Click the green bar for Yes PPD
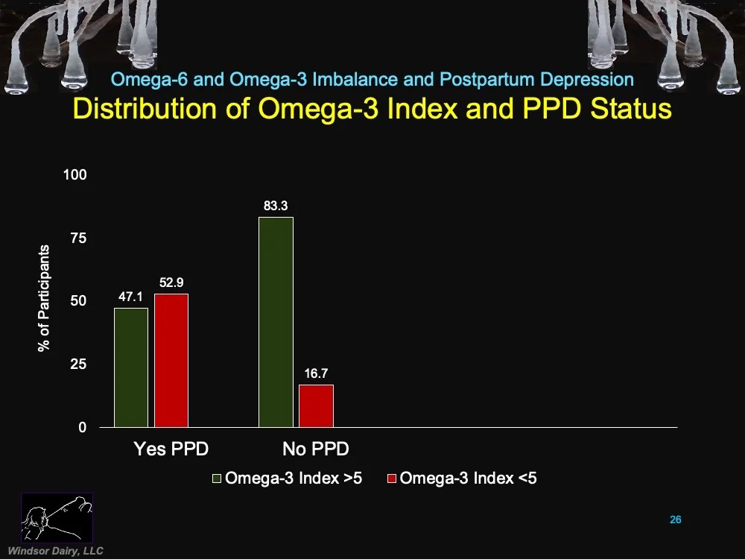131,367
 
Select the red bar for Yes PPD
171,360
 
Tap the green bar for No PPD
276,322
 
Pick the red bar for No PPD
316,405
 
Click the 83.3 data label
275,206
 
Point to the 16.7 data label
317,373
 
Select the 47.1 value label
130,297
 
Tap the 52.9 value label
171,282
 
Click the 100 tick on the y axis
77,175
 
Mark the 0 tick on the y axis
83,428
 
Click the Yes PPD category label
171,449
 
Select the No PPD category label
315,449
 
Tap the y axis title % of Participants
45,298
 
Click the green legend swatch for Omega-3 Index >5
217,479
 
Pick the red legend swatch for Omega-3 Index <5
392,479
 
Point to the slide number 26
675,519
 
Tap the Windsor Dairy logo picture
57,517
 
